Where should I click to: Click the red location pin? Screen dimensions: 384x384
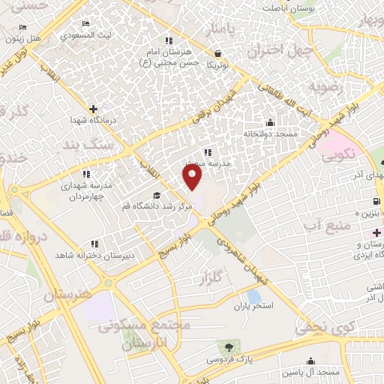click(x=193, y=176)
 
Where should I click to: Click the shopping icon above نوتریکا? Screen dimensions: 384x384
click(x=218, y=54)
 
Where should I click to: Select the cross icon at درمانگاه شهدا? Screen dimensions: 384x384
click(x=93, y=109)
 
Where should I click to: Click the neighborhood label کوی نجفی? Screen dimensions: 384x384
click(x=322, y=328)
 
